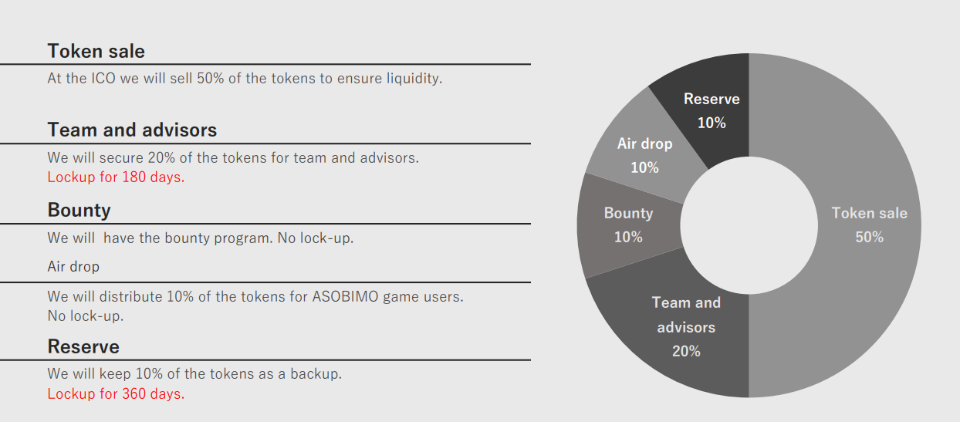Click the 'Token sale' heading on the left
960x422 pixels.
pyautogui.click(x=96, y=51)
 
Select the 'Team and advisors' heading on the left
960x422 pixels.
pyautogui.click(x=132, y=130)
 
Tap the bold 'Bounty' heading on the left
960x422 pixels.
pyautogui.click(x=79, y=211)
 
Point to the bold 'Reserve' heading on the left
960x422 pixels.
pyautogui.click(x=83, y=346)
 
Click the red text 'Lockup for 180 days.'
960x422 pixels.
pyautogui.click(x=116, y=177)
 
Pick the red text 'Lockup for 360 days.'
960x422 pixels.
pyautogui.click(x=116, y=393)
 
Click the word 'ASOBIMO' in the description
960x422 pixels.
pyautogui.click(x=345, y=296)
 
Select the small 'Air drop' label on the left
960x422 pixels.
pyautogui.click(x=73, y=266)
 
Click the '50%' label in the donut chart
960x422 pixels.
pyautogui.click(x=869, y=237)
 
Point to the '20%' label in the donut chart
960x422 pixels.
pyautogui.click(x=686, y=351)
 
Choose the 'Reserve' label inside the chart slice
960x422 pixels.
pyautogui.click(x=712, y=99)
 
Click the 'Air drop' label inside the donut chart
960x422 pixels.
pyautogui.click(x=644, y=144)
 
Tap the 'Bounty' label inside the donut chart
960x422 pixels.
pyautogui.click(x=628, y=214)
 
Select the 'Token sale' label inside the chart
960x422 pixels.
pyautogui.click(x=869, y=213)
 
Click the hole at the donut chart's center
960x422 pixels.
pyautogui.click(x=749, y=225)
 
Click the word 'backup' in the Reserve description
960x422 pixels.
pyautogui.click(x=315, y=374)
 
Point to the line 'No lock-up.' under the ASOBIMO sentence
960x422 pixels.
pyautogui.click(x=86, y=316)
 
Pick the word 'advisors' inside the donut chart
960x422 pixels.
pyautogui.click(x=686, y=327)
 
